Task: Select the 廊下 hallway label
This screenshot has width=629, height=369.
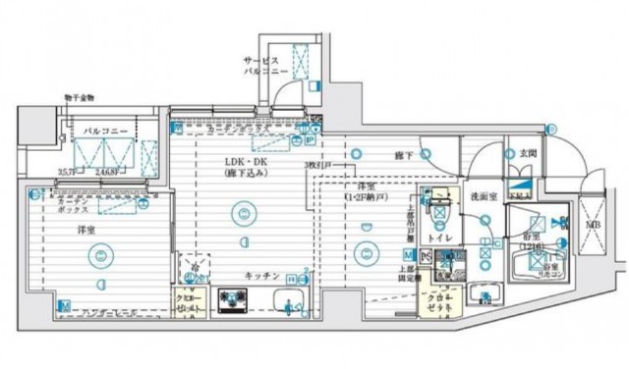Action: [403, 155]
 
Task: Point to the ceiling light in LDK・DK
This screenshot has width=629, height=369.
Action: [241, 210]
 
